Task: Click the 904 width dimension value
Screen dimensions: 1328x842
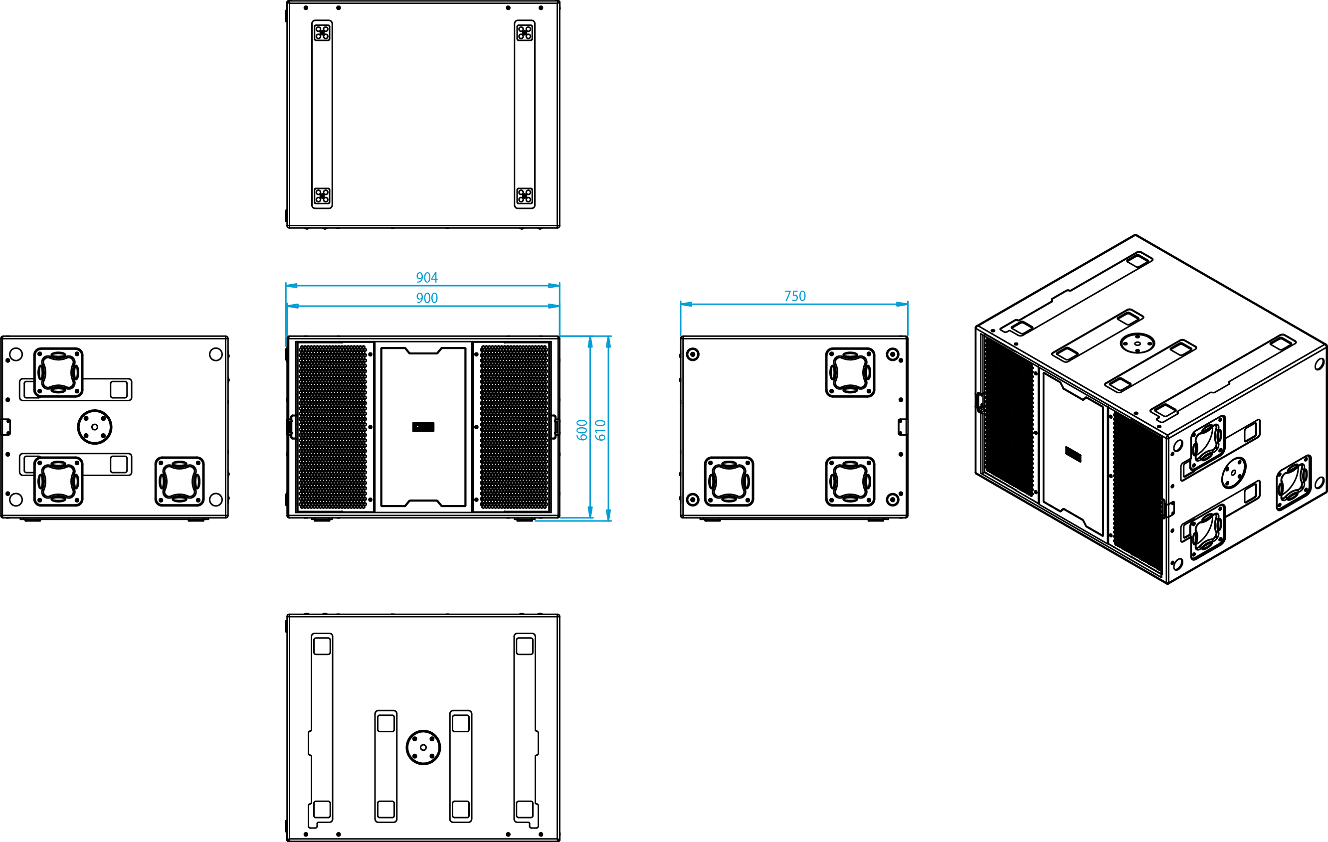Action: [x=427, y=277]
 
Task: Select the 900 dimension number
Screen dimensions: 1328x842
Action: [x=427, y=298]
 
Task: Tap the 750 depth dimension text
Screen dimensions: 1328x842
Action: [x=795, y=296]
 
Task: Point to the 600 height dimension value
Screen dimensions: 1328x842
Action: [x=582, y=430]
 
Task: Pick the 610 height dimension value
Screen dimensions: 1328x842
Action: [x=600, y=430]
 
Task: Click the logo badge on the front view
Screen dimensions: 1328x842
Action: [x=423, y=427]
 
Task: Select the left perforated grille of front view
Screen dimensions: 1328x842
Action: [x=332, y=427]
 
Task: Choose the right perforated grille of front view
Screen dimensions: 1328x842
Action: [x=514, y=427]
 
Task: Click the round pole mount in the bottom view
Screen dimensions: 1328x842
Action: [x=423, y=747]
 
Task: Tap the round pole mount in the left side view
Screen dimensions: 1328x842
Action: [x=94, y=427]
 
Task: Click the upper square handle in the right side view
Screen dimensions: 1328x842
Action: [x=850, y=372]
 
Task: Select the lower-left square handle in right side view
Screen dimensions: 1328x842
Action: [x=729, y=482]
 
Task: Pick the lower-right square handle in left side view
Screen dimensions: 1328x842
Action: [x=179, y=482]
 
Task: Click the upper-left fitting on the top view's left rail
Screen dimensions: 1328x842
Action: [x=322, y=32]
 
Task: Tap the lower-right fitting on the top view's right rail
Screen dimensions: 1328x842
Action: [x=525, y=196]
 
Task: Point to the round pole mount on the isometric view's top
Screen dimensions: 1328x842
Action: [x=1137, y=343]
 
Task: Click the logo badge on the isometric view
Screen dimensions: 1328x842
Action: [x=1073, y=454]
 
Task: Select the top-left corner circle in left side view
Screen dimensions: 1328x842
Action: [x=16, y=354]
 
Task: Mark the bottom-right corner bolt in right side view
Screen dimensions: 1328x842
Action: [x=892, y=500]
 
